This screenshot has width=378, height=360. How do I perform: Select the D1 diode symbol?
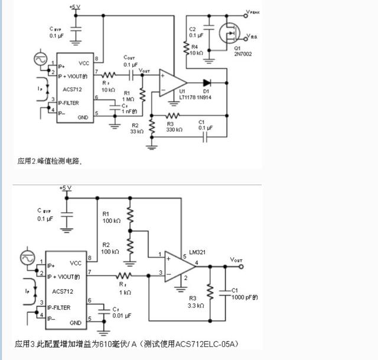coord(206,82)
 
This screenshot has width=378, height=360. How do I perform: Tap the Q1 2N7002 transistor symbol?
coord(229,35)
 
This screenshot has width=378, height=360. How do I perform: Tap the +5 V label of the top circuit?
coord(75,7)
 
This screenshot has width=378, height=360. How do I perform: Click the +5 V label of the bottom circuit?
coord(66,187)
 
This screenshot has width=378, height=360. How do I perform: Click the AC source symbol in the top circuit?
coord(41,60)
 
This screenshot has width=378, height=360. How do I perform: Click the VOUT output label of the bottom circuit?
coord(236,260)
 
